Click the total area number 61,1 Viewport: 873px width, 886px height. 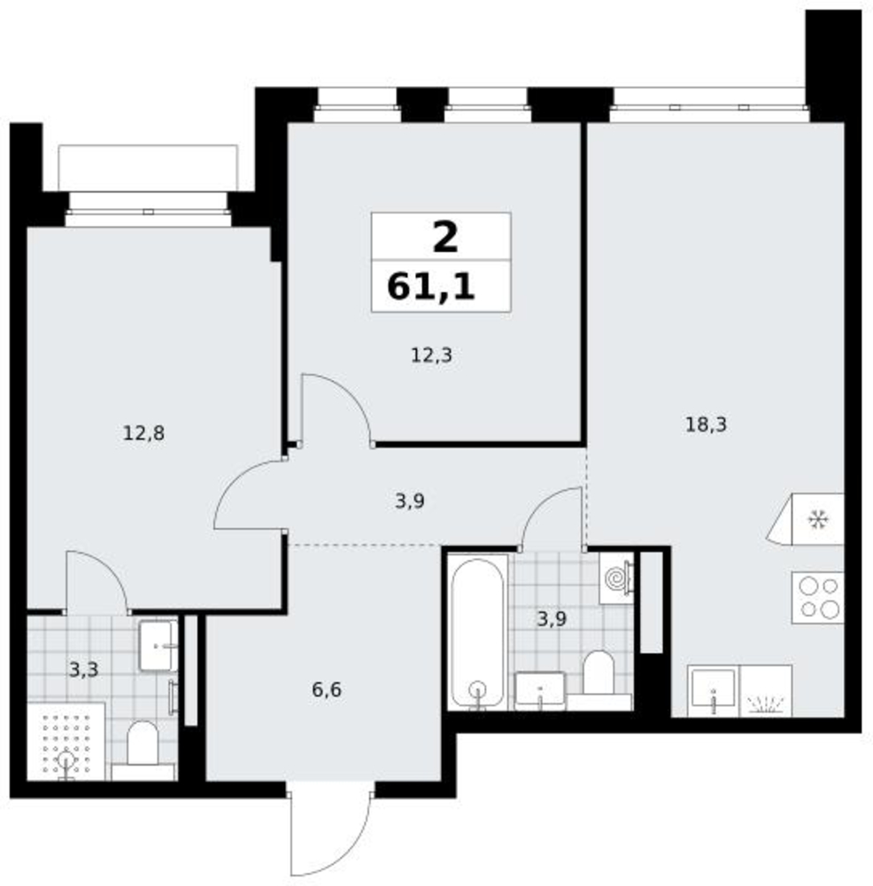click(x=431, y=286)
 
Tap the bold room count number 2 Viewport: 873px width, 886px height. click(x=445, y=237)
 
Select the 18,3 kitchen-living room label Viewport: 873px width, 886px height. click(x=706, y=424)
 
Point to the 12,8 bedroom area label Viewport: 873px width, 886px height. click(x=143, y=433)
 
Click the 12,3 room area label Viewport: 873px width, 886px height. click(x=431, y=355)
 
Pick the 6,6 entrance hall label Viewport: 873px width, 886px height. click(x=327, y=690)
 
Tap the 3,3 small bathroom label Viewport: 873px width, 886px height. click(x=83, y=670)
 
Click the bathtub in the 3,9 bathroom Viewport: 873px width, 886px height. click(x=478, y=632)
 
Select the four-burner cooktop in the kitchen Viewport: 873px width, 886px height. click(x=817, y=598)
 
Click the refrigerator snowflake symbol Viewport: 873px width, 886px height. click(x=817, y=518)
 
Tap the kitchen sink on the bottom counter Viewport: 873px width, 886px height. click(x=714, y=691)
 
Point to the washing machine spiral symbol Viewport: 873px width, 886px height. click(x=616, y=579)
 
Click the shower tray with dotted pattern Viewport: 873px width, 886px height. click(x=66, y=742)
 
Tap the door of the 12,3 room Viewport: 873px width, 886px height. click(x=336, y=409)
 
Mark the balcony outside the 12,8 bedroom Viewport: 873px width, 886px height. click(x=148, y=167)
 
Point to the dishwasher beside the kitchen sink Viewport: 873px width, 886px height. click(x=765, y=691)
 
